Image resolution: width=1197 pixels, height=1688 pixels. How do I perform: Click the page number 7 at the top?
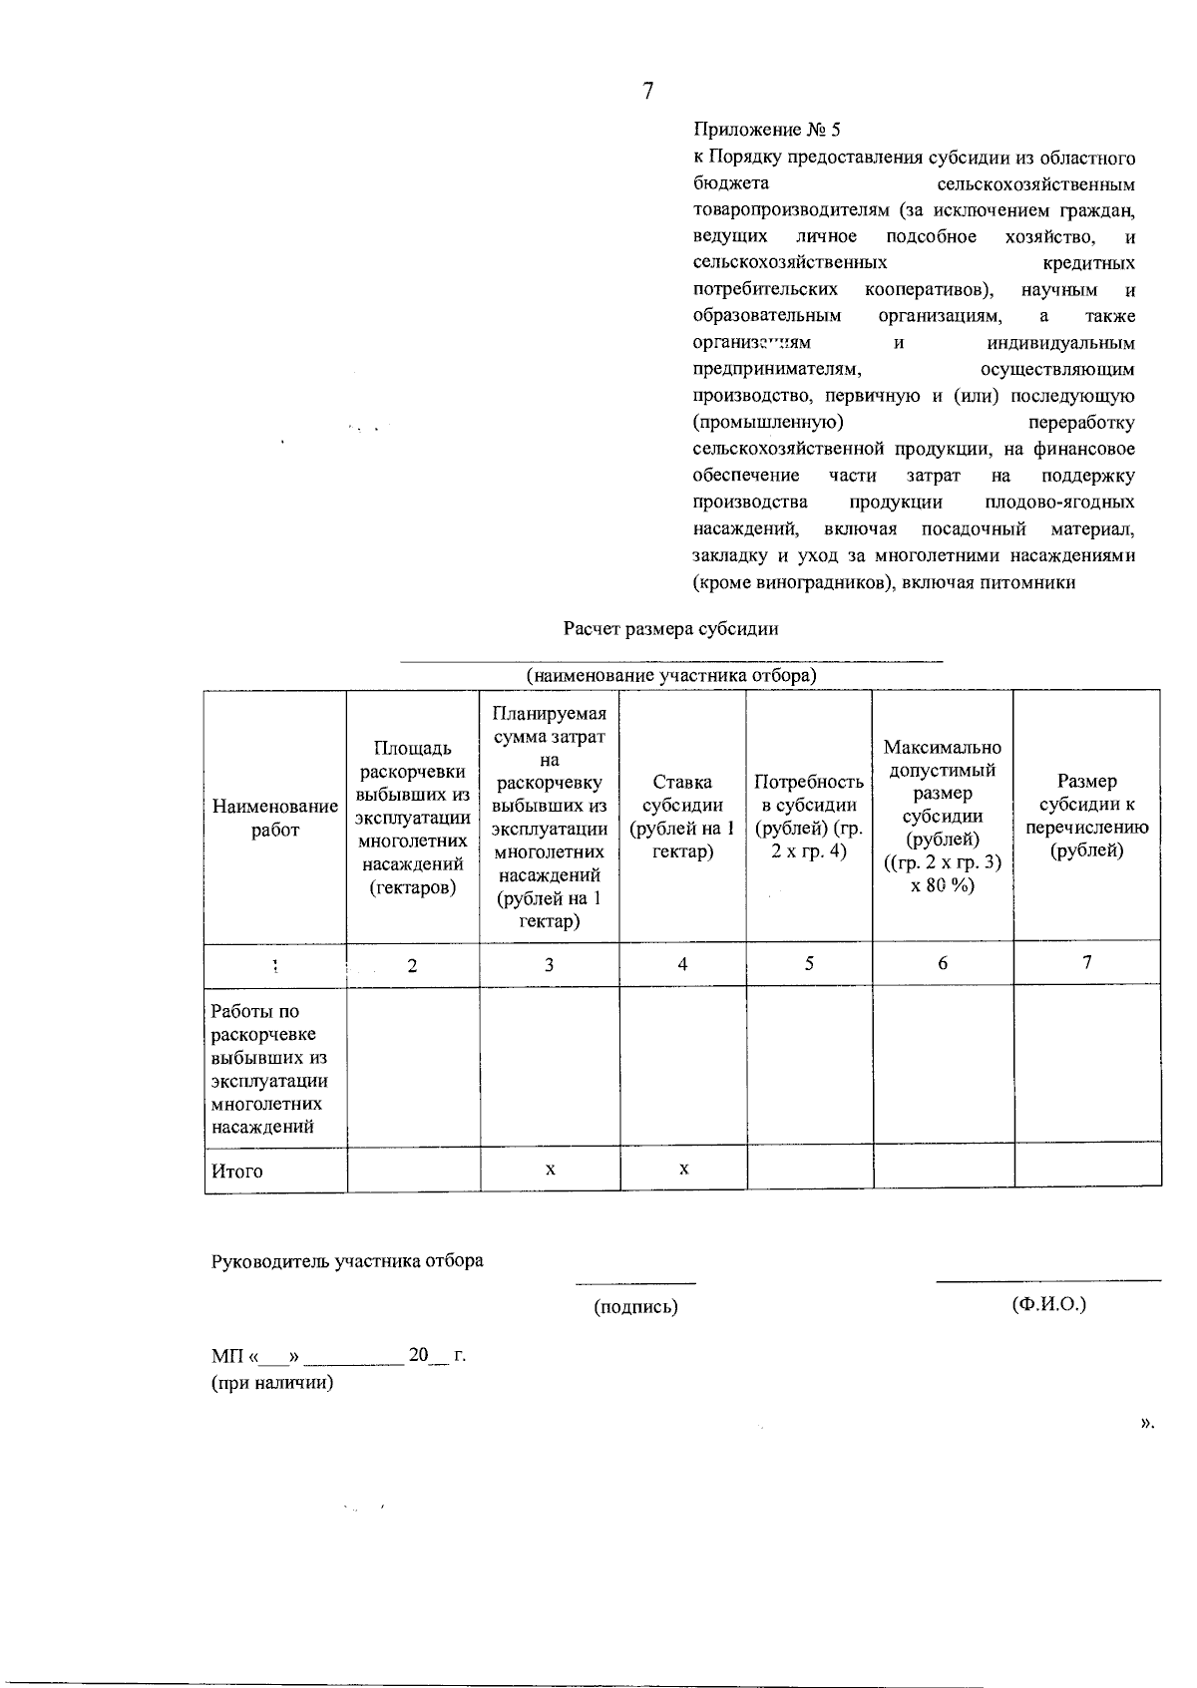(648, 92)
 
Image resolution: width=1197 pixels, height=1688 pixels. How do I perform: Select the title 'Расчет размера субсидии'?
(670, 629)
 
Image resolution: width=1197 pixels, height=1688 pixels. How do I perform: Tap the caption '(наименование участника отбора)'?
(671, 676)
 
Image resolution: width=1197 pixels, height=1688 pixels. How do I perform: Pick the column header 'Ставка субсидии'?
(682, 817)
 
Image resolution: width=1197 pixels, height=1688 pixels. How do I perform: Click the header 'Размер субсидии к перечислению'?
(1086, 816)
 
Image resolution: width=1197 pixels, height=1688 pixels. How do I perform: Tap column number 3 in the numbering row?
(549, 965)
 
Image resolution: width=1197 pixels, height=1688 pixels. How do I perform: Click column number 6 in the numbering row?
(943, 963)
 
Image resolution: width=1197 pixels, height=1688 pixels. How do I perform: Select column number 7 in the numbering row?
(1087, 962)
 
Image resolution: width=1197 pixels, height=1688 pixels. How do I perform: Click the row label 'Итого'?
(237, 1172)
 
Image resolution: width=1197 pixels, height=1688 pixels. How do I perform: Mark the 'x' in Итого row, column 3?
(551, 1169)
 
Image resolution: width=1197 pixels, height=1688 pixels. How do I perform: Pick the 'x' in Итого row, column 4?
(683, 1169)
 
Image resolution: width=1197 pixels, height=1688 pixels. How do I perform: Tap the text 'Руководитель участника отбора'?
(347, 1261)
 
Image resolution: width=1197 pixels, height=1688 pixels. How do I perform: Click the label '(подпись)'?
(635, 1307)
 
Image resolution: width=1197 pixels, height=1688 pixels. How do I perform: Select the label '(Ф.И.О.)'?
(1048, 1304)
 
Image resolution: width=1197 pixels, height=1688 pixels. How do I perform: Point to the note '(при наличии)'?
(271, 1383)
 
